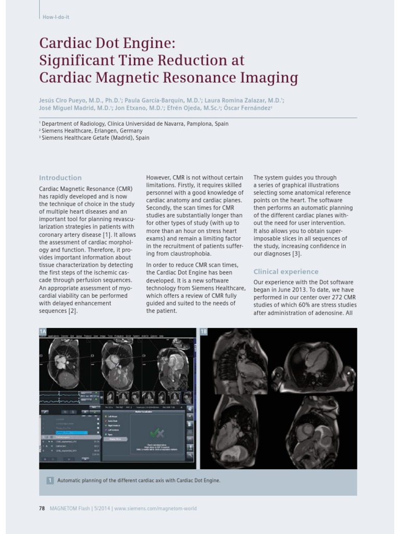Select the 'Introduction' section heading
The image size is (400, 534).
(60, 178)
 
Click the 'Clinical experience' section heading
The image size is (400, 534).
(286, 272)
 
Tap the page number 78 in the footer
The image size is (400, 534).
(42, 508)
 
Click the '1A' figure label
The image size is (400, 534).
(43, 332)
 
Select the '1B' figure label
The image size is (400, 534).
(204, 332)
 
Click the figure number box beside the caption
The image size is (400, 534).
(50, 480)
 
